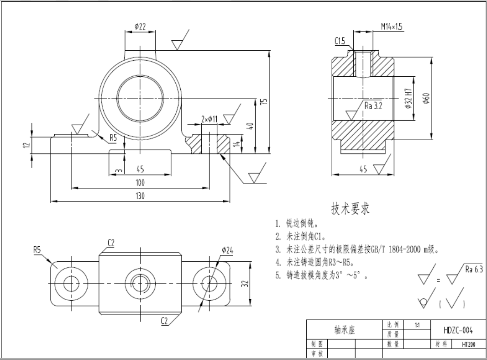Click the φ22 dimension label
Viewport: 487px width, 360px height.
click(x=140, y=26)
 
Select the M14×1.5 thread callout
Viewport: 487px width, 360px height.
click(x=392, y=26)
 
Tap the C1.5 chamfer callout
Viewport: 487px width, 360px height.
click(x=340, y=41)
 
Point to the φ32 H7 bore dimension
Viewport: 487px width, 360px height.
click(x=408, y=98)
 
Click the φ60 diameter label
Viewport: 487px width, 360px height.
click(x=426, y=98)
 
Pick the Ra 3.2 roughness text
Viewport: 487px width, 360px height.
click(x=373, y=106)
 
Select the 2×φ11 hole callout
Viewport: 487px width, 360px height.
click(x=209, y=119)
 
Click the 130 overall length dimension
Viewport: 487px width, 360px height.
click(x=140, y=196)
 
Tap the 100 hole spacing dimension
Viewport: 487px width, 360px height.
click(x=140, y=182)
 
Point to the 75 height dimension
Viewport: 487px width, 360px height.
click(x=265, y=102)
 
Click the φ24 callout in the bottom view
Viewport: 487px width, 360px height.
click(x=228, y=250)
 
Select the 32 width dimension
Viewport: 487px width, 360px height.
click(x=245, y=284)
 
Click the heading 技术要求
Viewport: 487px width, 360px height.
click(x=351, y=209)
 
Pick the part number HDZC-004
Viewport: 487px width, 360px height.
click(x=458, y=330)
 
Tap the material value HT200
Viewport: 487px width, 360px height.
click(x=468, y=344)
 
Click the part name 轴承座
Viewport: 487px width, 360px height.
click(x=345, y=329)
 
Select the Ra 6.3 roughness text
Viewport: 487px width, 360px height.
click(x=474, y=269)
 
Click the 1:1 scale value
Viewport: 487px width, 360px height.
click(x=417, y=325)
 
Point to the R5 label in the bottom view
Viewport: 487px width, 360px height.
click(x=37, y=249)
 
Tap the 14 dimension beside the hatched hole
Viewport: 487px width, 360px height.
click(x=237, y=144)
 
